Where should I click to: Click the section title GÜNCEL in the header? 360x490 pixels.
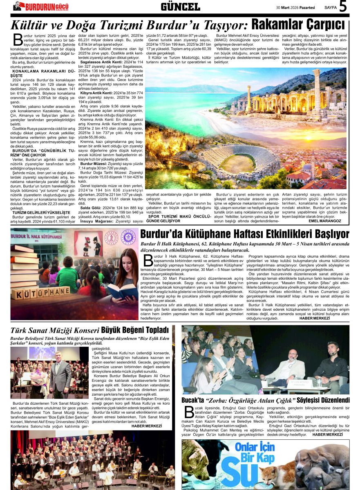point(180,7)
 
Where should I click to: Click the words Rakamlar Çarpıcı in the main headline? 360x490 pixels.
point(298,24)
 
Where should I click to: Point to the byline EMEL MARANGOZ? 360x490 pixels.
point(325,220)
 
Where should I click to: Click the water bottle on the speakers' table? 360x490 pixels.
point(319,383)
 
